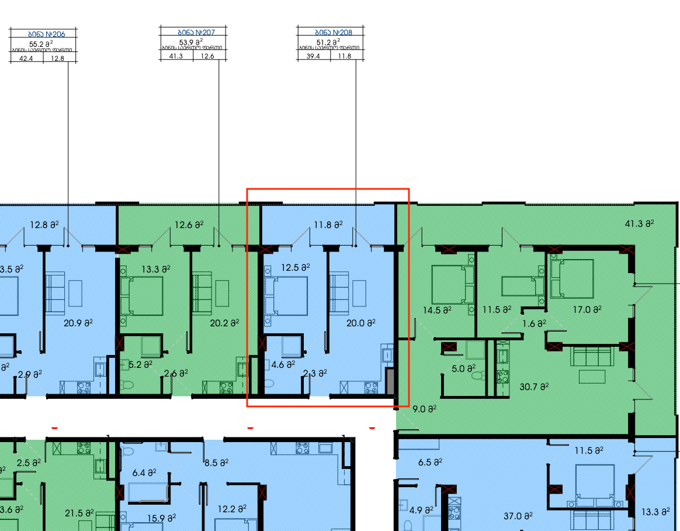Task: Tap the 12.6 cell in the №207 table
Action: [x=207, y=56]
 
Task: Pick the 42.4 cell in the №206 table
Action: [x=26, y=58]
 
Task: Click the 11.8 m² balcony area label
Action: [x=327, y=224]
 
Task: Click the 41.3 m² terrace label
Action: [x=639, y=223]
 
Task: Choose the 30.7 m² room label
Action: [x=534, y=387]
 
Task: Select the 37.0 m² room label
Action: [x=518, y=516]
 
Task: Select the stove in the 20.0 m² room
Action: [x=370, y=387]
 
